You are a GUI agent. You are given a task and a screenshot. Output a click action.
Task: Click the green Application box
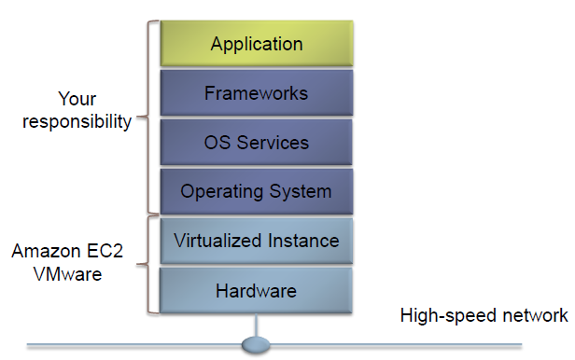[x=256, y=44]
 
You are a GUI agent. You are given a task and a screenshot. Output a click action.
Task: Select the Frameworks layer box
[x=256, y=93]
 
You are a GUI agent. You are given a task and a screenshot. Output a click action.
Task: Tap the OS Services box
[x=256, y=143]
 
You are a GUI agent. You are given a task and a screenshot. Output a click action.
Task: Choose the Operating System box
[x=256, y=192]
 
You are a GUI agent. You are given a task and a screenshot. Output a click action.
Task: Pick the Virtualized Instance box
[x=256, y=242]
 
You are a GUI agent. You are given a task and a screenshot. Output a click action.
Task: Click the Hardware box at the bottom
[x=256, y=291]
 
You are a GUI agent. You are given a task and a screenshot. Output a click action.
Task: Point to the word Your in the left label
[x=77, y=99]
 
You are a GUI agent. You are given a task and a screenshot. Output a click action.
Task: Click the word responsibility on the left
[x=77, y=122]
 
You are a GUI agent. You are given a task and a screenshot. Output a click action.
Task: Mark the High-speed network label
[x=483, y=315]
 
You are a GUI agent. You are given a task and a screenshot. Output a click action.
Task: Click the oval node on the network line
[x=256, y=346]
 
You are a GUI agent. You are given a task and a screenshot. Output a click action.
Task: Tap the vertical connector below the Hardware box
[x=256, y=326]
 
